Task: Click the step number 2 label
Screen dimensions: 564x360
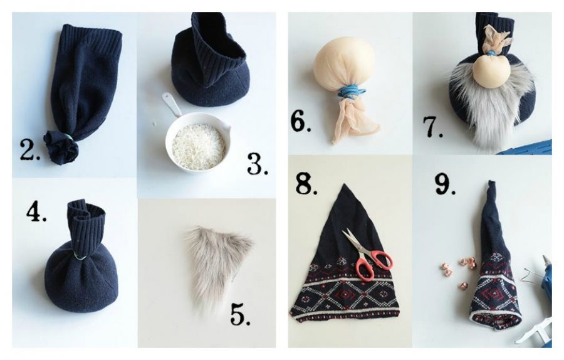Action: pyautogui.click(x=30, y=149)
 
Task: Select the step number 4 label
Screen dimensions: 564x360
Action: pyautogui.click(x=36, y=213)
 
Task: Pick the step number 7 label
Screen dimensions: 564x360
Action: pyautogui.click(x=432, y=127)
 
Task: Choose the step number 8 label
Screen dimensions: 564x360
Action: pyautogui.click(x=306, y=184)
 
